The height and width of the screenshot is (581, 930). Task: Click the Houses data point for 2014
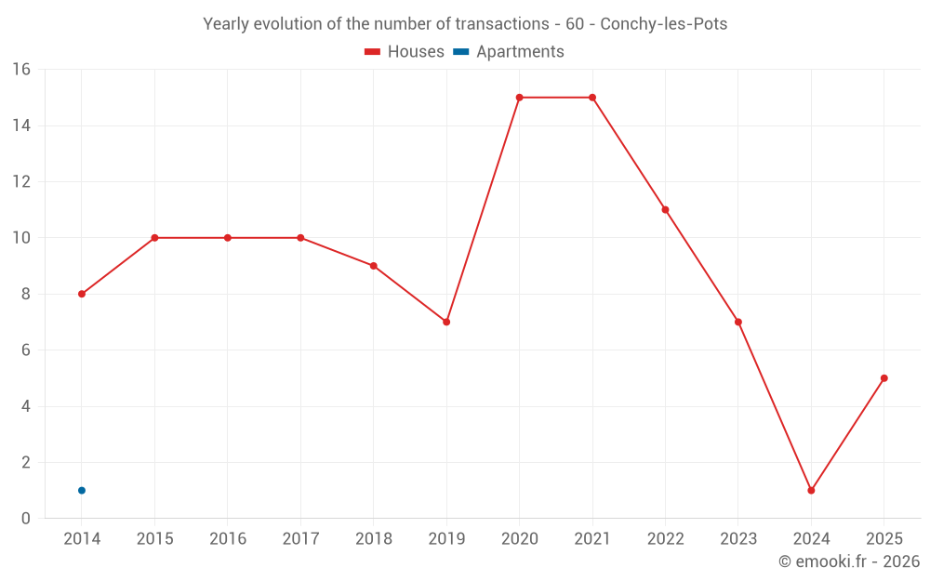coord(82,294)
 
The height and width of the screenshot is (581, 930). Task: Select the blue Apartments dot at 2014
coord(82,490)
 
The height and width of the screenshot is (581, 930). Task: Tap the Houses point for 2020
coord(519,98)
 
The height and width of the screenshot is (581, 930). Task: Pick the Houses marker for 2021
coord(592,98)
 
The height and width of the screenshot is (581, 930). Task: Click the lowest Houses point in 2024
coord(811,490)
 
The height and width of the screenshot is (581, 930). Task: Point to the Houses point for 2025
coord(883,378)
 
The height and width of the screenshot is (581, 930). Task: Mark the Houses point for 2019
coord(446,322)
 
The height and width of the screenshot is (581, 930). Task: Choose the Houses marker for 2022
coord(665,209)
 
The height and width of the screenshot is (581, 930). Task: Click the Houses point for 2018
coord(374,266)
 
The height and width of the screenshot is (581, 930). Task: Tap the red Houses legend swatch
coord(373,52)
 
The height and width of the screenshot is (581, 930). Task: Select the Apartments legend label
coord(520,52)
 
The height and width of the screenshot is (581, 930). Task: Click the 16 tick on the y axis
coord(21,70)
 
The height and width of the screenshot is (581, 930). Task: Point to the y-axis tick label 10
coord(21,238)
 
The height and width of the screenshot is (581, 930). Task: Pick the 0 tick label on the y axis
coord(26,519)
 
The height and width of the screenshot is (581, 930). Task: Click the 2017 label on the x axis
coord(300,539)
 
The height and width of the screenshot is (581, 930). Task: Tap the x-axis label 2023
coord(737,539)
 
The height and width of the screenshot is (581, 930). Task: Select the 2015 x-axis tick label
coord(154,539)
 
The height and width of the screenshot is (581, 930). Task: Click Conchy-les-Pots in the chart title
coord(664,24)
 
